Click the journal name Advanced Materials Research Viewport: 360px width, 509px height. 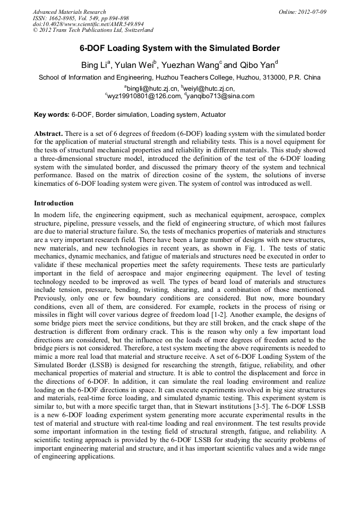click(70, 12)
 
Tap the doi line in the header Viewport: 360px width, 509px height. click(88, 24)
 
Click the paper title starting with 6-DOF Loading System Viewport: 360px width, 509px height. click(179, 48)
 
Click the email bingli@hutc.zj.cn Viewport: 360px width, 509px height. click(150, 88)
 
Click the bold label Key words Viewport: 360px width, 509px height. click(52, 114)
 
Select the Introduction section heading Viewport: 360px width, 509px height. click(54, 203)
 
